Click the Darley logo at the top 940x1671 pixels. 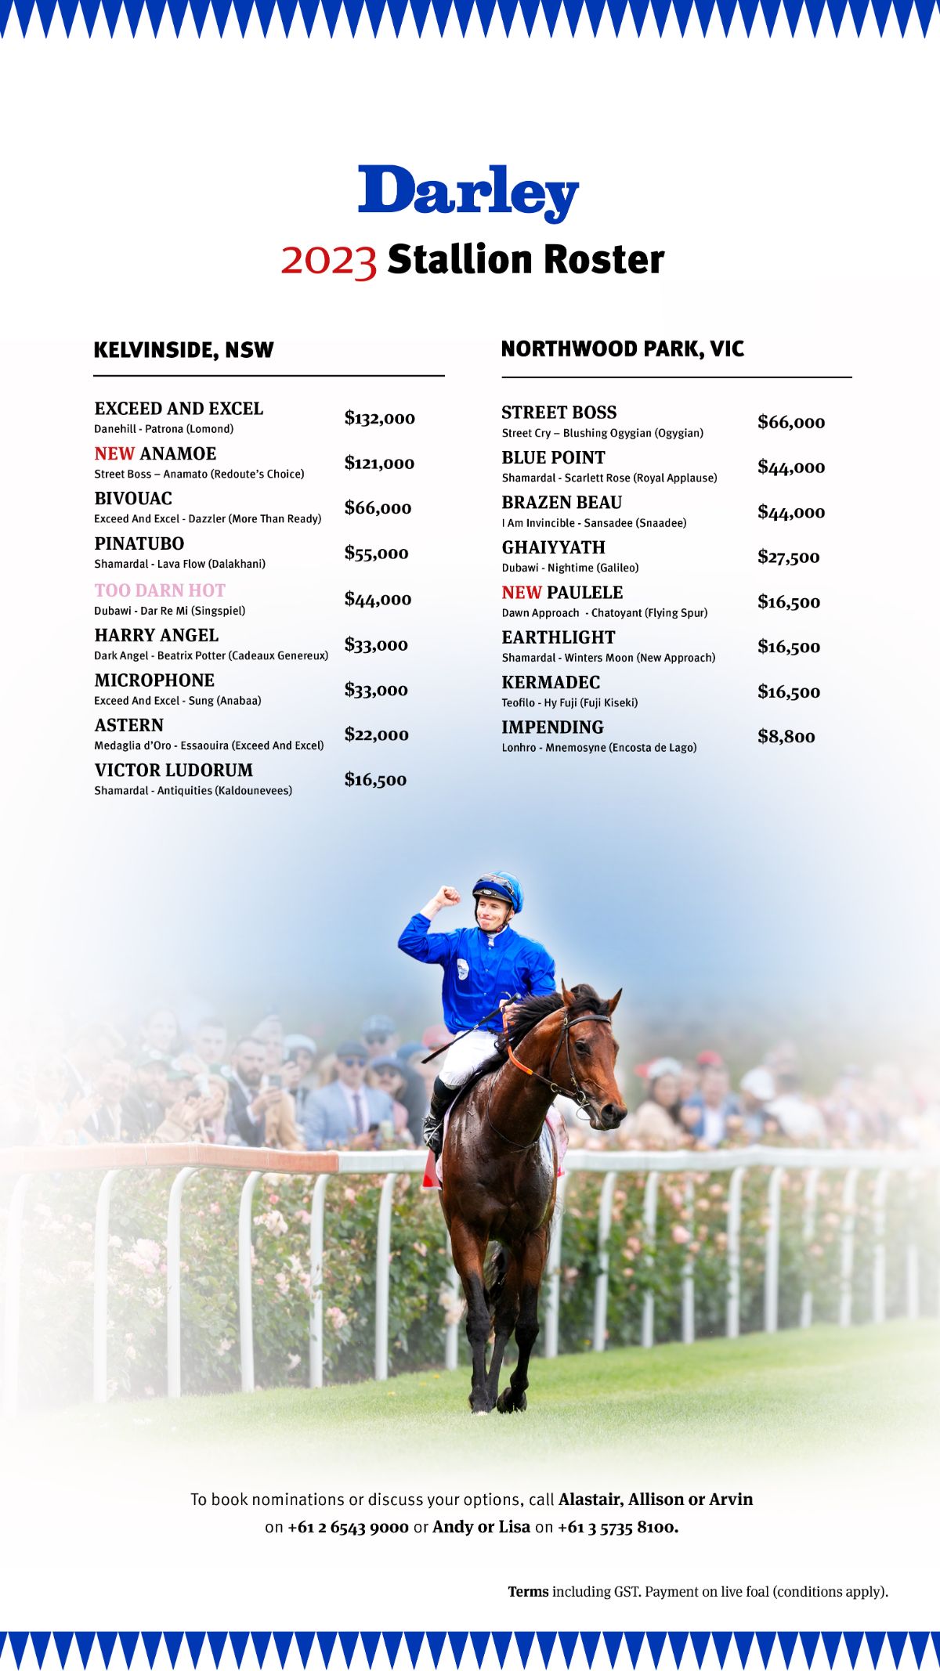[x=468, y=192]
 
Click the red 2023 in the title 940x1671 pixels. [x=329, y=260]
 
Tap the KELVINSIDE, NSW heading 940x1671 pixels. [x=183, y=350]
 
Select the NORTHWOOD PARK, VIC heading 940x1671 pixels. [x=622, y=349]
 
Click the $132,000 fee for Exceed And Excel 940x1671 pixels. [x=379, y=418]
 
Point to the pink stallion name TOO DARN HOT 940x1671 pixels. [x=160, y=590]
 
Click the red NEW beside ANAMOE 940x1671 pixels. [x=114, y=454]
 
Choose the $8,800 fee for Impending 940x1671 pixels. [x=786, y=737]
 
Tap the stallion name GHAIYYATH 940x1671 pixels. [x=553, y=547]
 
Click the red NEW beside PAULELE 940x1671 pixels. [x=522, y=593]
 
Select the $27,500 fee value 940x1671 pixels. [x=788, y=558]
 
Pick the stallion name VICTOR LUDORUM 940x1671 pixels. [x=173, y=771]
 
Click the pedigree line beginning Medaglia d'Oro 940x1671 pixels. [x=208, y=745]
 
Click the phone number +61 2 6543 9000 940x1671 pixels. [x=348, y=1528]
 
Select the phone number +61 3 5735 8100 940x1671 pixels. [x=617, y=1528]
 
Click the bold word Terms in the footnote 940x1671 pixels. [x=528, y=1592]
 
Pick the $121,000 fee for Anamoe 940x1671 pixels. [x=379, y=464]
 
